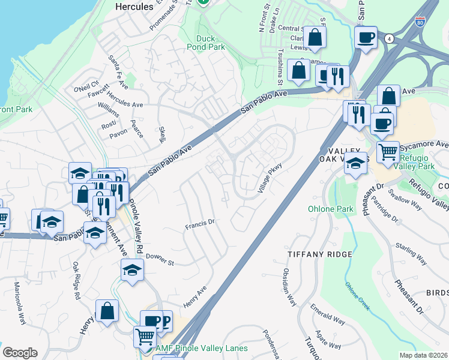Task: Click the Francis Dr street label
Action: click(x=200, y=225)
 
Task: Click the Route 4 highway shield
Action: click(x=391, y=38)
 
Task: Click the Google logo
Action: click(x=20, y=353)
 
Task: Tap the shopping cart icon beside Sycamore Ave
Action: click(x=388, y=151)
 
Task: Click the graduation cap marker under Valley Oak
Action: click(x=356, y=163)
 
